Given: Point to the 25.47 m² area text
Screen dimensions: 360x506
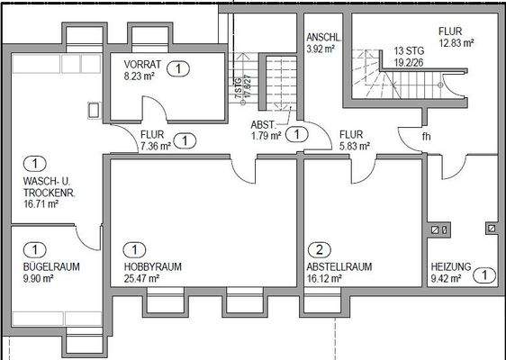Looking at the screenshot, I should [141, 279].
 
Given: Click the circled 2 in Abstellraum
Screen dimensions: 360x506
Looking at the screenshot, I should [317, 250].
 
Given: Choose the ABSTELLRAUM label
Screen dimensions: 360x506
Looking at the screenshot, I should [338, 267].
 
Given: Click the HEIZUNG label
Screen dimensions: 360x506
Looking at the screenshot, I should [449, 267].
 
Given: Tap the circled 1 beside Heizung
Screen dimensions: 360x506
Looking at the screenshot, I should [483, 274].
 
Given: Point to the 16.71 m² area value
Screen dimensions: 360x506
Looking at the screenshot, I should [41, 204].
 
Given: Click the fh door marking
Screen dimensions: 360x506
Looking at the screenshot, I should [426, 138].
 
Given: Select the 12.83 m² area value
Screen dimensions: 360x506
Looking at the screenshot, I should [456, 41].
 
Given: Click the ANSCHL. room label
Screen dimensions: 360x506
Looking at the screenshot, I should [321, 37].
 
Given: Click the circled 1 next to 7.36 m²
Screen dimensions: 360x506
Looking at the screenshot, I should [185, 140].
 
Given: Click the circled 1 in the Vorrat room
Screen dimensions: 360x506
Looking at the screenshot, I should [178, 67].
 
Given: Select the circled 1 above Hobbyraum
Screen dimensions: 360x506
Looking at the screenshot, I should [133, 250].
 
